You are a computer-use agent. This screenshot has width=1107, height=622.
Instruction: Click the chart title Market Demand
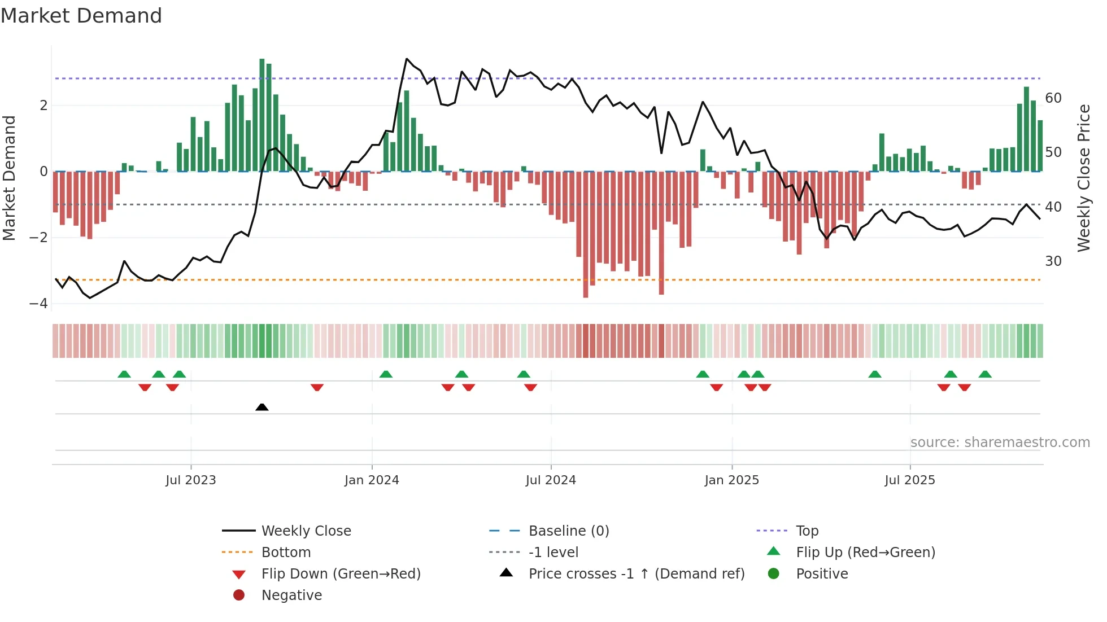(81, 16)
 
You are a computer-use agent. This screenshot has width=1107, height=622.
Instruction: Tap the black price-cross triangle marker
(262, 407)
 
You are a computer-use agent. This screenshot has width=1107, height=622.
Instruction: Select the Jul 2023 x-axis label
(191, 480)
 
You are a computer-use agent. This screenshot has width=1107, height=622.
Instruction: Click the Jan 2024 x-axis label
(372, 480)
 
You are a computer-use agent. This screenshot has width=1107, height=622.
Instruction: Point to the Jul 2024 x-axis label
(551, 480)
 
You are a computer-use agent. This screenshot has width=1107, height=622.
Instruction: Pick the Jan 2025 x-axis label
(732, 480)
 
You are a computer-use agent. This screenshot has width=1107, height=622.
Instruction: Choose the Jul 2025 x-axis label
(910, 480)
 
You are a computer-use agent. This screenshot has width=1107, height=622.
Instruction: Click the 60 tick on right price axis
(1053, 98)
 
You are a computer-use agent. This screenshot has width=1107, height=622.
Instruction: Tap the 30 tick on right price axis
(1053, 261)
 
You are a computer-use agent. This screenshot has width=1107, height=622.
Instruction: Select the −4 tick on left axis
(39, 304)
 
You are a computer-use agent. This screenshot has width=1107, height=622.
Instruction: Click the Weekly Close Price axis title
(1084, 178)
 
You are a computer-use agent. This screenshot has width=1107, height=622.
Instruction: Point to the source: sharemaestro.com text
(1000, 443)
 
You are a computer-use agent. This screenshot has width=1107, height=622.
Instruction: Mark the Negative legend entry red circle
(239, 595)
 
